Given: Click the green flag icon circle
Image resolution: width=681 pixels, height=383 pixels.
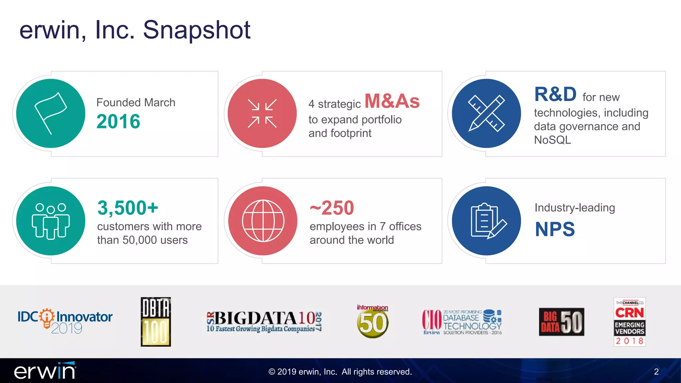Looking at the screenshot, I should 51,113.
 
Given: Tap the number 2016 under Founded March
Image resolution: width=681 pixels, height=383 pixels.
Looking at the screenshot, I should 118,121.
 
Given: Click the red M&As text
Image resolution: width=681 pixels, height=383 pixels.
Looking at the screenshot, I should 392,101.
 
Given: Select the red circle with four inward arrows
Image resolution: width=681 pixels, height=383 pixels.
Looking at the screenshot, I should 262,113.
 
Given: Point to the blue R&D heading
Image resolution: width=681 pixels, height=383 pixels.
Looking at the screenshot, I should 555,94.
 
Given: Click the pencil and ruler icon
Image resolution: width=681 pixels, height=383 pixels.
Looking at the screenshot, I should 486,113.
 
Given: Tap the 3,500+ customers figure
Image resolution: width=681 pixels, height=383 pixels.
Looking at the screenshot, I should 128,208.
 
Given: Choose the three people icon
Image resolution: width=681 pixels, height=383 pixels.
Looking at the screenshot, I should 51,221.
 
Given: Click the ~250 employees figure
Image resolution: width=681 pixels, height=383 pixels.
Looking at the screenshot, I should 332,208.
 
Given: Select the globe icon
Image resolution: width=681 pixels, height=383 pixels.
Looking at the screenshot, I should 263,221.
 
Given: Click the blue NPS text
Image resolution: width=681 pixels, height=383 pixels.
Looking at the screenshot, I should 555,229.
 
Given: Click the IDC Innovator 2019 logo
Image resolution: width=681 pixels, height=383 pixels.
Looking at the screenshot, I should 65,321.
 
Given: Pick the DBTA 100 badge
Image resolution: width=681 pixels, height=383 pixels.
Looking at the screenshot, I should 156,322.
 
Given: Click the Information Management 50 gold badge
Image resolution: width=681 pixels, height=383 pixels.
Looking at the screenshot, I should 372,322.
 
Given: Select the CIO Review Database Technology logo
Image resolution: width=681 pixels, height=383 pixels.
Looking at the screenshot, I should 462,322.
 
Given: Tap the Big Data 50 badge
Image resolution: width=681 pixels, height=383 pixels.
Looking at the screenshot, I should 561,322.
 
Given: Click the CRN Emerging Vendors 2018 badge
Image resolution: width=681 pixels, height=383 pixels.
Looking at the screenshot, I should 629,322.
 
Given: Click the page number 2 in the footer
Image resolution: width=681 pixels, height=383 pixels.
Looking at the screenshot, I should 656,372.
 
